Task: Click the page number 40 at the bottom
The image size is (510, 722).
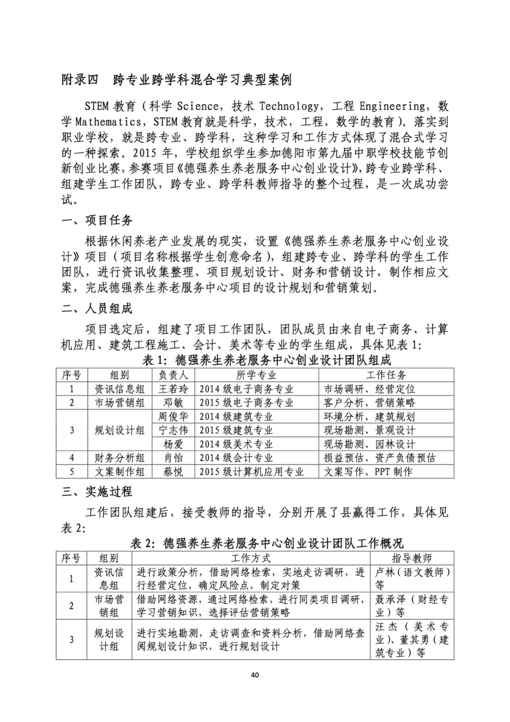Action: (255, 675)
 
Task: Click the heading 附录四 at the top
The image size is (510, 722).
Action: (79, 80)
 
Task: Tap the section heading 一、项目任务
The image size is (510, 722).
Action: (97, 220)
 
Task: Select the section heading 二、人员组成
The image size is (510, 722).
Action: (97, 309)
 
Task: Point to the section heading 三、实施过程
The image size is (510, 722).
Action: (97, 492)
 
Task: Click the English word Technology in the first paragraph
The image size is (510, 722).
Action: (289, 106)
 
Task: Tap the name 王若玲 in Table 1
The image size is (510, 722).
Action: (173, 389)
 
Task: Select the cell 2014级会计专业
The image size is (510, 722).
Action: (236, 458)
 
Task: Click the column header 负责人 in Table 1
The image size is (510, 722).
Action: (173, 375)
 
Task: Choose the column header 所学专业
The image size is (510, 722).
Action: (256, 375)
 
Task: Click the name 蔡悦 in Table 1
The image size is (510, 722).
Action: (173, 472)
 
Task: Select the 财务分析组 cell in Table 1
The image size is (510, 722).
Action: (119, 458)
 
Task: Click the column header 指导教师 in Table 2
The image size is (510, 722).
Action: (411, 558)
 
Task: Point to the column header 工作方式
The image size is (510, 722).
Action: (251, 558)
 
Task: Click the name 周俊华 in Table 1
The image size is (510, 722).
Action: (173, 417)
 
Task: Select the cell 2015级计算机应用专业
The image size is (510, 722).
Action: (251, 472)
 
